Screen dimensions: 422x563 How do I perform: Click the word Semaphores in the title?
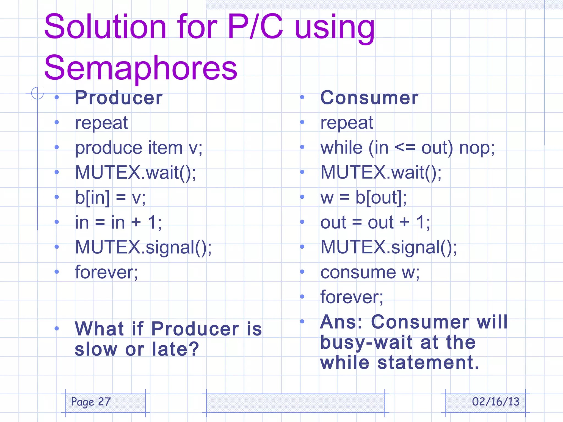tap(140, 68)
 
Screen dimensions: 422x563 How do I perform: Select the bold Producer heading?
tap(119, 98)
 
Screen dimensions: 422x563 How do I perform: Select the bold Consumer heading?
tap(369, 98)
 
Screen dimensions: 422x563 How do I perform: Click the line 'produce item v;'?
tap(139, 148)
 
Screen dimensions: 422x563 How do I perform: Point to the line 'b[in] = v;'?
tap(110, 197)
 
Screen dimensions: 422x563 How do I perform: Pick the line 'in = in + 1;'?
tap(118, 222)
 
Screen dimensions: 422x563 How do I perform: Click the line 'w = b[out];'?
tap(363, 197)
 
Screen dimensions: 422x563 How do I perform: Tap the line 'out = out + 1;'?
tap(375, 222)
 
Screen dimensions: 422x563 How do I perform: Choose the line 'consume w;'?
tap(370, 272)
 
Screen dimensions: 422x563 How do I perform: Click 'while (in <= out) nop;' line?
tap(407, 148)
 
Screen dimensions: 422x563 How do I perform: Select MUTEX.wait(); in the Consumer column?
tap(381, 173)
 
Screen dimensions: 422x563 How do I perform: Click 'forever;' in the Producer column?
tap(106, 272)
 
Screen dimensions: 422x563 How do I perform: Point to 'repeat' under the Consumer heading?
tap(347, 123)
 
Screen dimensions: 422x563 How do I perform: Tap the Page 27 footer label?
tap(91, 402)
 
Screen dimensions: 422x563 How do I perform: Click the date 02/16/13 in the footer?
tap(495, 402)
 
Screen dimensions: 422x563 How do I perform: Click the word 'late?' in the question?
tap(175, 349)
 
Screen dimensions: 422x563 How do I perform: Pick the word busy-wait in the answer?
tap(366, 343)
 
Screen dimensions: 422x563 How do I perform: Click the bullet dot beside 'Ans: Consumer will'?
tap(302, 321)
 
